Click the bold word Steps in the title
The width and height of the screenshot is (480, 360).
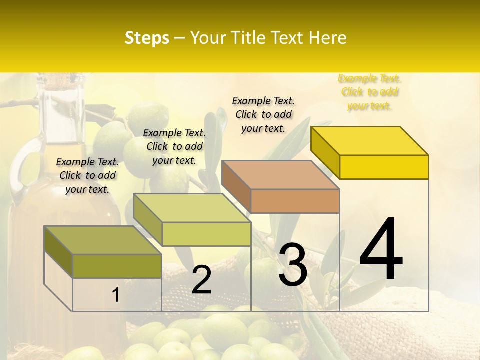(147, 38)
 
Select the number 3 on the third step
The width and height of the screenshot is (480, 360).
(292, 264)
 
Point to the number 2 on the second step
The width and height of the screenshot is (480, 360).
(201, 280)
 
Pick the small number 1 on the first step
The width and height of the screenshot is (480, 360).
(115, 295)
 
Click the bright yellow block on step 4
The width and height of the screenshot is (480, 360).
(384, 166)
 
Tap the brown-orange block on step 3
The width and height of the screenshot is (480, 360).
(295, 201)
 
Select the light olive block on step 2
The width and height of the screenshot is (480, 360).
(206, 233)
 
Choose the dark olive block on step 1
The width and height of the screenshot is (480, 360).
(117, 265)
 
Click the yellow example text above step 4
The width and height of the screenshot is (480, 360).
(369, 92)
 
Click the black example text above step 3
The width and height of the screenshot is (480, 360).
(263, 114)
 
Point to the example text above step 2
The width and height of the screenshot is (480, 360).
(174, 146)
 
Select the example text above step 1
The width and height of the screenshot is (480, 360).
(87, 175)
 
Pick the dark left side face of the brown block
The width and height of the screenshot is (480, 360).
(236, 186)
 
